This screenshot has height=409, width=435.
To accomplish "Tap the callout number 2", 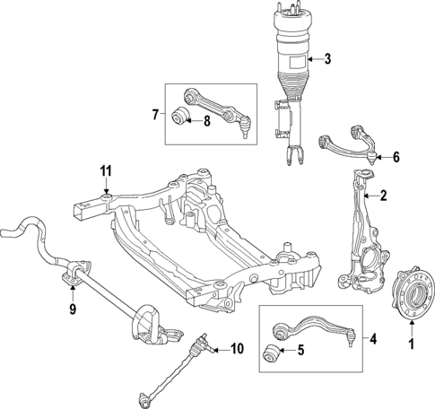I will tap(383, 196).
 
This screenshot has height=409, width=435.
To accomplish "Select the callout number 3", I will tap(327, 60).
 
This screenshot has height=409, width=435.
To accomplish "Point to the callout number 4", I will tap(374, 339).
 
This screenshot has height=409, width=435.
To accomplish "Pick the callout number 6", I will tap(396, 157).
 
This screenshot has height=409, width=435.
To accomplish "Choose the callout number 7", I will tap(155, 115).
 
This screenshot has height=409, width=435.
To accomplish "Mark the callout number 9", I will tap(74, 313).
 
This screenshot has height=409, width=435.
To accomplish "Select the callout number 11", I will tap(105, 170).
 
